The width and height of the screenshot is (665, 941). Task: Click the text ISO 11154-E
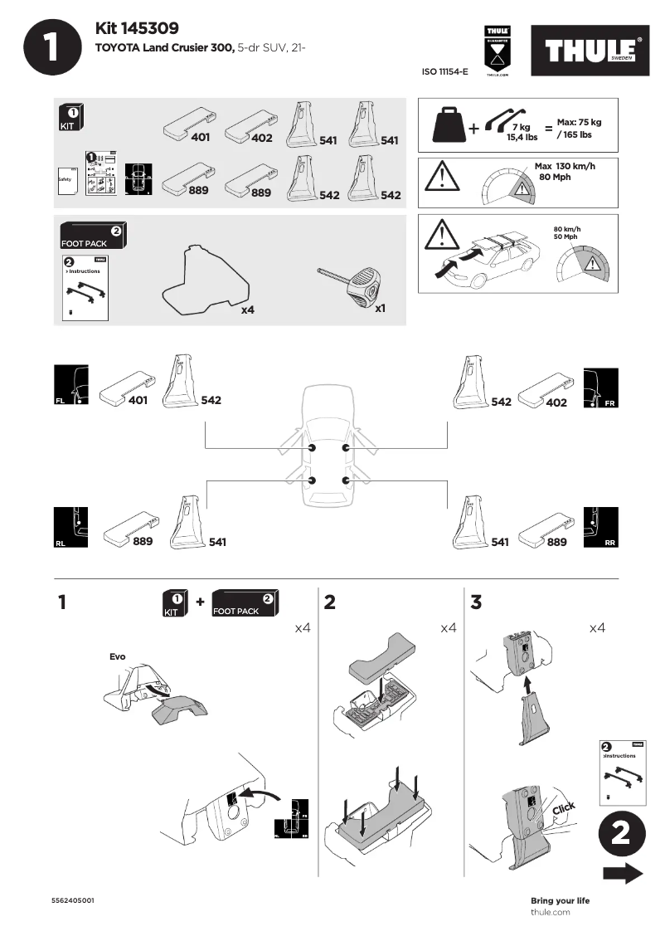tap(445, 72)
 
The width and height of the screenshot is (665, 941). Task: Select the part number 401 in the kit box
tap(200, 138)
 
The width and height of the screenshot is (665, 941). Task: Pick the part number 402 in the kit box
tap(261, 138)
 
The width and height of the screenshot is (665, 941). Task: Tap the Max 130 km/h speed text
tap(565, 166)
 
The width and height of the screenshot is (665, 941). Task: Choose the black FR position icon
tap(601, 386)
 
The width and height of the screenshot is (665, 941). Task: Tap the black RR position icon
tap(601, 526)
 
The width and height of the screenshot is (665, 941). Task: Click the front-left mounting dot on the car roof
tap(312, 448)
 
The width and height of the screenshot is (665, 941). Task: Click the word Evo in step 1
tap(118, 656)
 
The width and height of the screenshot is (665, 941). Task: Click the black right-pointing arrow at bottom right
tap(623, 874)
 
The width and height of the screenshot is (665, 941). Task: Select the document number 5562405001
tap(73, 900)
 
